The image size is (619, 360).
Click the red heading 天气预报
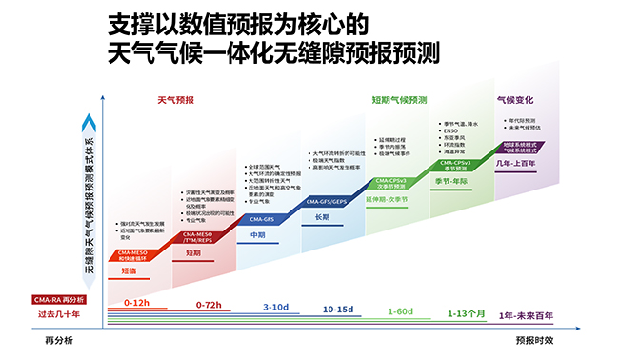(175, 99)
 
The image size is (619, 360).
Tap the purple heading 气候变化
(515, 99)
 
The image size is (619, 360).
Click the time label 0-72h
(208, 304)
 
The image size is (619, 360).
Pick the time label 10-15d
(339, 309)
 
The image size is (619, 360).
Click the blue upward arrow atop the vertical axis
(88, 121)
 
